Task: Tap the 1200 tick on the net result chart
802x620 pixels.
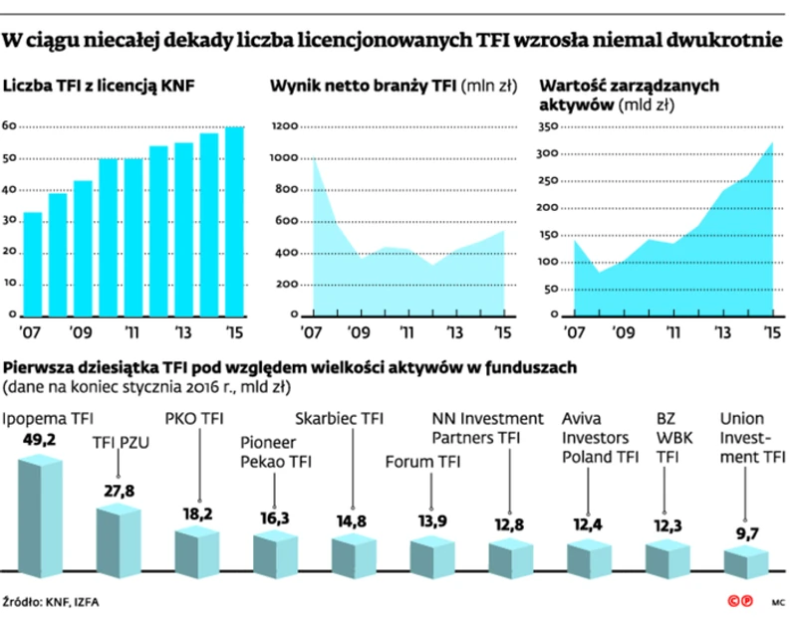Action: pos(284,126)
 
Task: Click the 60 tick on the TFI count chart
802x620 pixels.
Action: pos(10,126)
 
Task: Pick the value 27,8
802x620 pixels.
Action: pos(119,491)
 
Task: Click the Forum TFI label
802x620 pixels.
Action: pos(422,461)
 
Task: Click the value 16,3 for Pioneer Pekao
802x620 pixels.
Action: pos(275,518)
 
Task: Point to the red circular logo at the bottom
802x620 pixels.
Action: pos(739,601)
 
